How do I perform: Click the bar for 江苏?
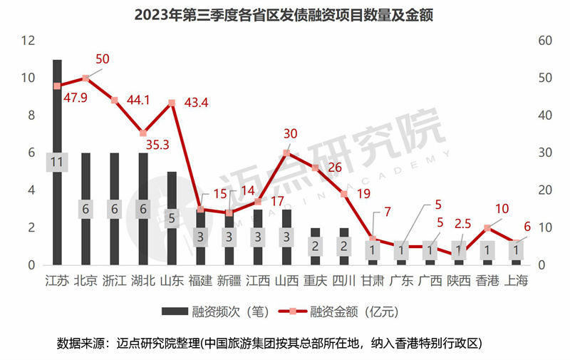(57, 114)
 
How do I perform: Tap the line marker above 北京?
(85, 78)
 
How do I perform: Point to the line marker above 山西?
(286, 153)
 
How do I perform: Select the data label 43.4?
(195, 103)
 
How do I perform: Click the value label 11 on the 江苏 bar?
(57, 163)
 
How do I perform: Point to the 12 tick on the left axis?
(28, 41)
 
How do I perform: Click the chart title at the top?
(284, 14)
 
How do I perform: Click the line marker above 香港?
(487, 227)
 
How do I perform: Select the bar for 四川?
(343, 239)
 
